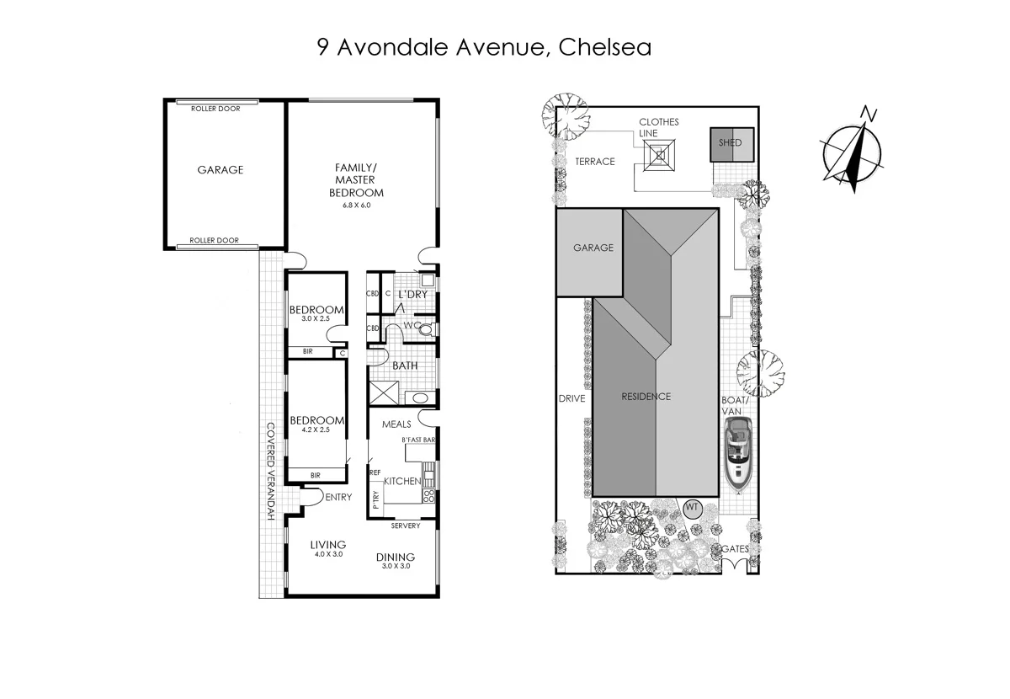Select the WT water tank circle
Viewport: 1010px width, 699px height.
(692, 508)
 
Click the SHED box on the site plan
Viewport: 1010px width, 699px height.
(731, 142)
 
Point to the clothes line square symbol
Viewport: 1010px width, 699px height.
(660, 155)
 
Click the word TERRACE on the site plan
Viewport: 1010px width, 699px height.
(595, 162)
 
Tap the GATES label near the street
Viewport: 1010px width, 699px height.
(735, 549)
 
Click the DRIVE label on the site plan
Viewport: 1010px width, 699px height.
(571, 398)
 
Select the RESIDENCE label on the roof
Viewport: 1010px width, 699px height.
(646, 397)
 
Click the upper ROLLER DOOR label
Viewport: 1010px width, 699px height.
(215, 109)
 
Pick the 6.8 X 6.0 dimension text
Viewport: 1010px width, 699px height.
(354, 205)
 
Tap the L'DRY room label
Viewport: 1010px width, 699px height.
(412, 294)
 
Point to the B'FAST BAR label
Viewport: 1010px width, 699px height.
(417, 440)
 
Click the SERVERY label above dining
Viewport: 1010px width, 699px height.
(406, 526)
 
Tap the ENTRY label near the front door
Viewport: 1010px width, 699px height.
(338, 497)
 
